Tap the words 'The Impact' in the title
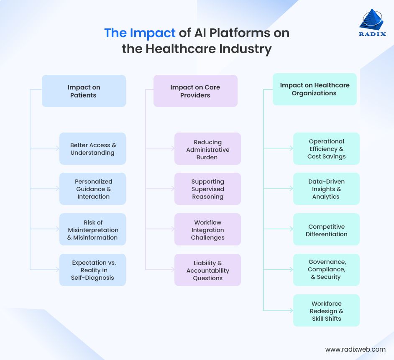point(140,33)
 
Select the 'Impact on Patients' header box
point(84,91)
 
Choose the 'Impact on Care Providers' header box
point(195,91)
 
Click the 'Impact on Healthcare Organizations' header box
point(315,89)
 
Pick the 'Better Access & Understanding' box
point(92,149)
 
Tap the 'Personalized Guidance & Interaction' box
point(92,189)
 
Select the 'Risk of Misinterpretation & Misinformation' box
point(92,230)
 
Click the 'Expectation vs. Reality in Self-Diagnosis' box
point(92,270)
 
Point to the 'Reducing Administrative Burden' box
point(207,149)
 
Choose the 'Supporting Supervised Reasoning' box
point(207,189)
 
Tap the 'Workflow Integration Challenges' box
point(207,230)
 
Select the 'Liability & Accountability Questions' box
point(207,270)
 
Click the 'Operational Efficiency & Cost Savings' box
point(326,149)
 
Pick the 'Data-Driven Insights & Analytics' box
point(326,189)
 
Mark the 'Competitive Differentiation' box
point(326,230)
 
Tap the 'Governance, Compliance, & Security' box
point(326,270)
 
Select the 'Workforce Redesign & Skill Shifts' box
point(326,311)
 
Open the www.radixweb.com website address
point(355,349)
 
